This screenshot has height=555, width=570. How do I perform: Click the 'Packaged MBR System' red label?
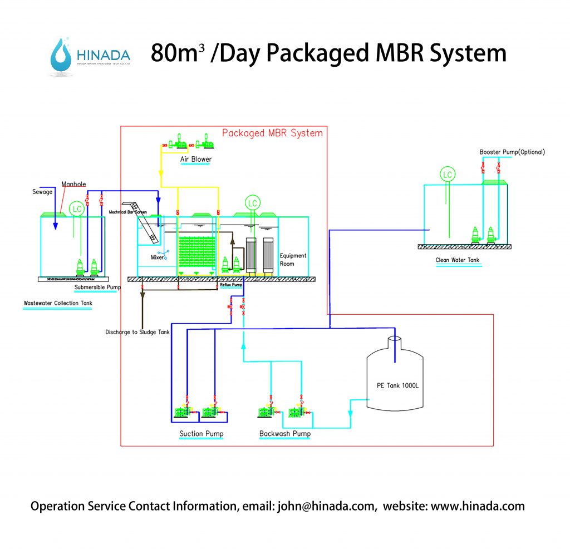(x=272, y=133)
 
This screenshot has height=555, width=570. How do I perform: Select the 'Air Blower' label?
(x=195, y=159)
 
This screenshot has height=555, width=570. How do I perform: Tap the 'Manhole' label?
(x=73, y=184)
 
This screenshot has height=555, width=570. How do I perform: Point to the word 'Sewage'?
(x=42, y=192)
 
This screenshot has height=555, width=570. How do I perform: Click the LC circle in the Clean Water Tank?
(x=447, y=175)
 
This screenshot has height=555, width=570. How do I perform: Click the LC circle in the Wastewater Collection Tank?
(x=76, y=209)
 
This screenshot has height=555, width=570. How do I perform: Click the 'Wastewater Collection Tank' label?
(x=58, y=304)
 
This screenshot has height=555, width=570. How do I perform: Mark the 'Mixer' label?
(x=158, y=257)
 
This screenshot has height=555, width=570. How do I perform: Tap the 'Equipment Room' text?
(x=293, y=260)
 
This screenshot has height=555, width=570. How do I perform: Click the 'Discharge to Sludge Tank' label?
(x=137, y=332)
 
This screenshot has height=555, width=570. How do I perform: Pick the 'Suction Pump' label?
(x=201, y=434)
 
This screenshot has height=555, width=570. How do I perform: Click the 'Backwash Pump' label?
(x=285, y=434)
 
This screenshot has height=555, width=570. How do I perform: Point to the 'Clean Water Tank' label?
(x=457, y=260)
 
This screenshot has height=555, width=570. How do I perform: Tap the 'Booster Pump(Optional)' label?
(x=512, y=152)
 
